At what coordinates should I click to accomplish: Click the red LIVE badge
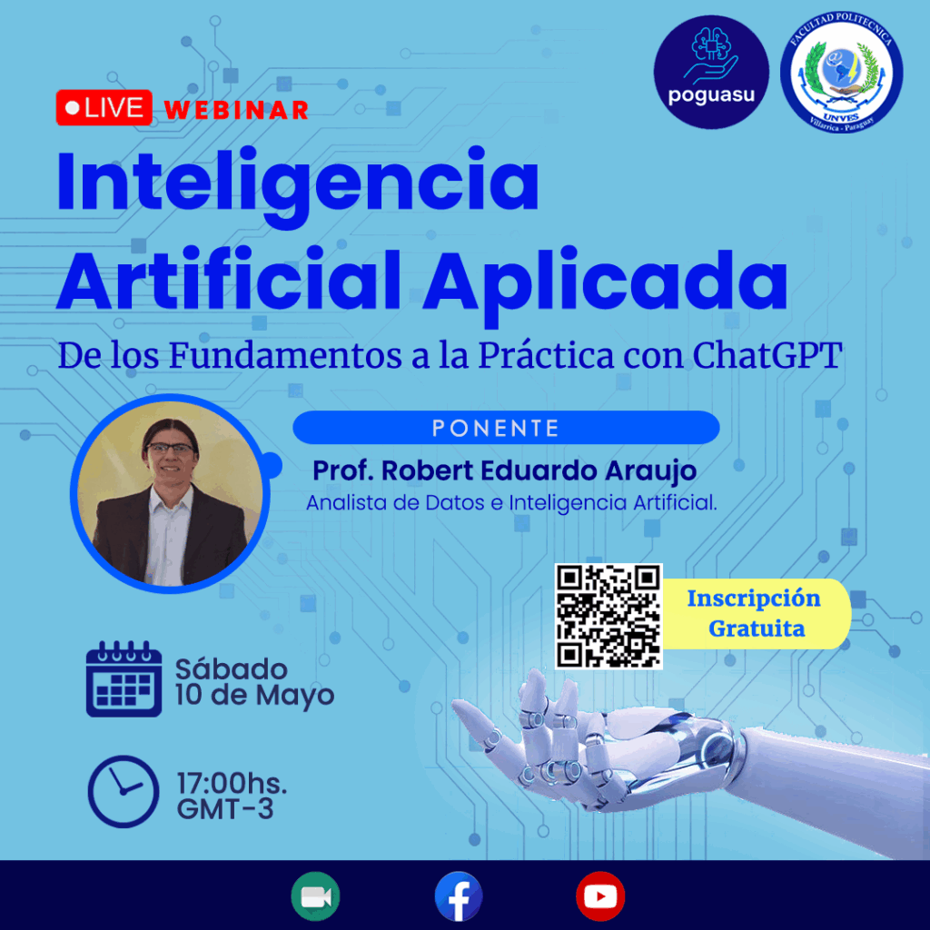(x=104, y=108)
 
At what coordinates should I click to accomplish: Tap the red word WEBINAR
(x=236, y=110)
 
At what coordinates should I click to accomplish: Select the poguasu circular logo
(x=711, y=72)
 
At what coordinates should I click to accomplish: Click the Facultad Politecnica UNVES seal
(x=842, y=73)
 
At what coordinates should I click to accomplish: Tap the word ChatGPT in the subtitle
(x=767, y=355)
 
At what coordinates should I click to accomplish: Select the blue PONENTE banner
(x=506, y=427)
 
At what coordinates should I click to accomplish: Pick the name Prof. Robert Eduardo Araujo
(x=504, y=471)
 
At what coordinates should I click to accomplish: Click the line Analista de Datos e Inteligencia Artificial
(x=511, y=503)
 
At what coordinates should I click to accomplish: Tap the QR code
(x=608, y=617)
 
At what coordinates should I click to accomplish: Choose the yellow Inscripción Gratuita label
(x=757, y=613)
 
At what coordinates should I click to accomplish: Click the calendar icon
(x=124, y=678)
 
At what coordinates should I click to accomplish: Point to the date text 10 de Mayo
(x=254, y=695)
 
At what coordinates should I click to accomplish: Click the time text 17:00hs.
(x=232, y=784)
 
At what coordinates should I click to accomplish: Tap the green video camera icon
(x=315, y=896)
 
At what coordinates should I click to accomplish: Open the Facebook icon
(x=459, y=896)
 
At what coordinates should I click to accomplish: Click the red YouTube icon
(x=600, y=896)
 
